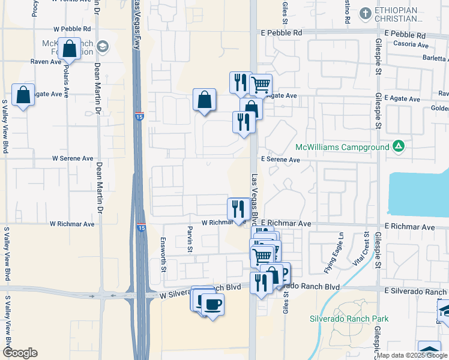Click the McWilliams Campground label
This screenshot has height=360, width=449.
coord(342,147)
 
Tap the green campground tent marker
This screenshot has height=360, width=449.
coord(398,146)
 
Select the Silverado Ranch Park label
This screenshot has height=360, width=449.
coord(349,319)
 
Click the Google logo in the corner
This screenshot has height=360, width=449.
coord(19,353)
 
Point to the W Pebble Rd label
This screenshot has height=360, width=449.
coord(72,29)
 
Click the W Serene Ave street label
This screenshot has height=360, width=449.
coord(73,158)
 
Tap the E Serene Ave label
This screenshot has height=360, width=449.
coord(280,160)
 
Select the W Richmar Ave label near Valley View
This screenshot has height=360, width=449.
coord(72,224)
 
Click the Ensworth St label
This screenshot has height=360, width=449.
coord(163,256)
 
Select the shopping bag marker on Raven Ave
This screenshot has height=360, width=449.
coord(69,49)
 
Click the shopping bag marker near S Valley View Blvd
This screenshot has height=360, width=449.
coord(23,95)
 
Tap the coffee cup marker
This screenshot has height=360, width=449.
coord(212,304)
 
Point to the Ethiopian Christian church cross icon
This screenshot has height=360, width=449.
coord(366,13)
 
